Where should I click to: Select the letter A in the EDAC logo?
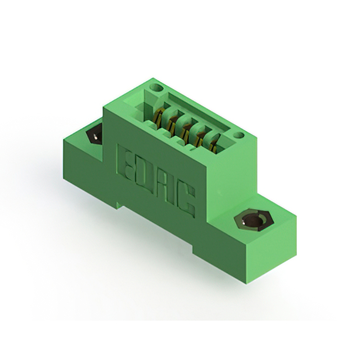pos(165,189)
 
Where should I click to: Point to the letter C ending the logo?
pos(186,204)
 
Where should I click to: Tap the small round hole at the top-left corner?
pos(156,88)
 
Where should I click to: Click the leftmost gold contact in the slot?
pos(159,116)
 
